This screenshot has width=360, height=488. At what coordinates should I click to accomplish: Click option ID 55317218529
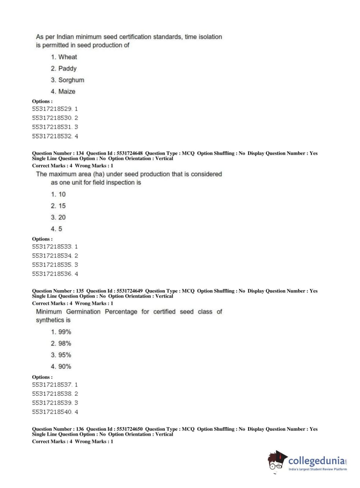[52, 109]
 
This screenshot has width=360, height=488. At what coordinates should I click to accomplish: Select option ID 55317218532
[52, 136]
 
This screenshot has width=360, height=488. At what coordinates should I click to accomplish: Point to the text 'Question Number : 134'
[58, 153]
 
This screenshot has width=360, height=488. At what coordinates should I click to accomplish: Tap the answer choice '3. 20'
[58, 217]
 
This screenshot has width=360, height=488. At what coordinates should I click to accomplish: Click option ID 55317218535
[52, 265]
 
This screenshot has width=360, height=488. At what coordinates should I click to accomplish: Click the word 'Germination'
[83, 312]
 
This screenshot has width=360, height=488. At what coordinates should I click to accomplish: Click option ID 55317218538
[52, 394]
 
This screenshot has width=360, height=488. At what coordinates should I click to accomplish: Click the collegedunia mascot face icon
[276, 461]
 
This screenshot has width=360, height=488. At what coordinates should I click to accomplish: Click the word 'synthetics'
[53, 320]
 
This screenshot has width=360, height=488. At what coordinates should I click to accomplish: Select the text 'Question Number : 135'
[58, 291]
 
